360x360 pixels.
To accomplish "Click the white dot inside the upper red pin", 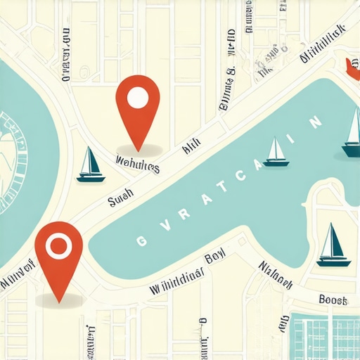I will click(x=139, y=98).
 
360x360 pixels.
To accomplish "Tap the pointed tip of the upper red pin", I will click(x=139, y=150).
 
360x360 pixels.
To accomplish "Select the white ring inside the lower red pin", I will click(x=58, y=245).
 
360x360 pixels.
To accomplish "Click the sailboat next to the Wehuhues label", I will click(x=90, y=165).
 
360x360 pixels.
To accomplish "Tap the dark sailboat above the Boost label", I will click(x=333, y=245).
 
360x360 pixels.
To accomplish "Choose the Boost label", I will click(x=333, y=300).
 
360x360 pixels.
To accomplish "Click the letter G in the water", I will click(x=141, y=240).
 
